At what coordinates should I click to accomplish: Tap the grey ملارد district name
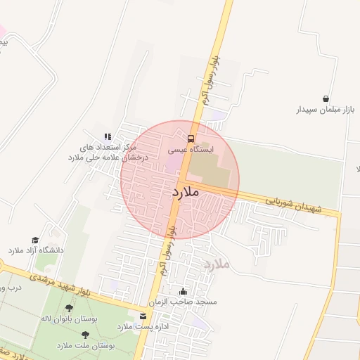point(217,265)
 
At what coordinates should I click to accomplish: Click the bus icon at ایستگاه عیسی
point(191,138)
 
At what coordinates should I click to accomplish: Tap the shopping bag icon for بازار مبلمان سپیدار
point(326,99)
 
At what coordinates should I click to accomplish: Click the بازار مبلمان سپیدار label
point(326,110)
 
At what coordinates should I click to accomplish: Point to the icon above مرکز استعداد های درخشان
point(108,136)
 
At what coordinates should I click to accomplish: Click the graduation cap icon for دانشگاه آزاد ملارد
point(34,240)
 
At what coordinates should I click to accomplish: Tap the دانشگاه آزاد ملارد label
point(36,250)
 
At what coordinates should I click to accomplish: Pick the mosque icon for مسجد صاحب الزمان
point(184,291)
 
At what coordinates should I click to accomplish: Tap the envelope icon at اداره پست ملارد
point(143,316)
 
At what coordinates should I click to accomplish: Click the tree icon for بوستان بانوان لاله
point(69,308)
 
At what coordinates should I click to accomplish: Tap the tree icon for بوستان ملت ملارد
point(85,336)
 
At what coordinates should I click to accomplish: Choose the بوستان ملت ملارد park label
point(84,346)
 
